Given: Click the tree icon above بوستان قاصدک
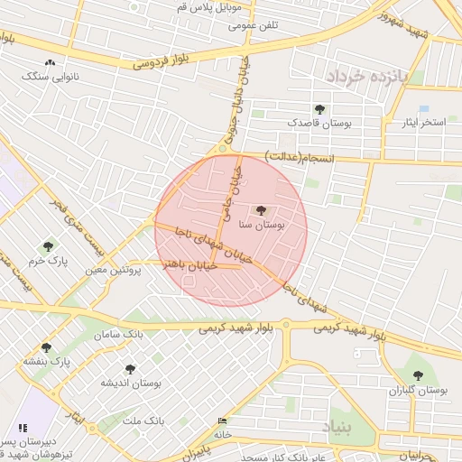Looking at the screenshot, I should coord(319,108).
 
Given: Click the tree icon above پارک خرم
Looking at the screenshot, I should coord(48,246).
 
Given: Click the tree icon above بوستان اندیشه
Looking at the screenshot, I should coord(130,369).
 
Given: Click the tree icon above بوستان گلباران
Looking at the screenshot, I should coord(417,375).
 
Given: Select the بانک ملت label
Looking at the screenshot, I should coord(143,420).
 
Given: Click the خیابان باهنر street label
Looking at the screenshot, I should coord(185,264).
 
